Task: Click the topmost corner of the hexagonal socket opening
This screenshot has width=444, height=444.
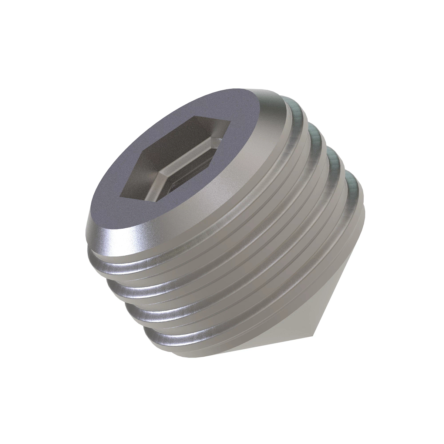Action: (194, 115)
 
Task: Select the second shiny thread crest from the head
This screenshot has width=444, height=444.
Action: (129, 292)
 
